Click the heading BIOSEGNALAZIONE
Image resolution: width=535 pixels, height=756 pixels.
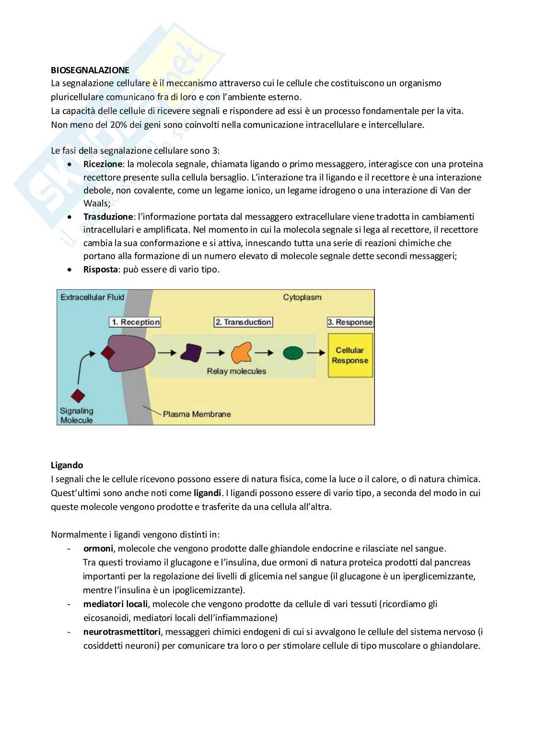coord(90,70)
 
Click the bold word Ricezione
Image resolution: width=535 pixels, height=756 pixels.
coord(103,164)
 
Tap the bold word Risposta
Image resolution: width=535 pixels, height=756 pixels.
coord(100,269)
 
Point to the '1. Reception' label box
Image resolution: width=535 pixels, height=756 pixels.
coord(135,322)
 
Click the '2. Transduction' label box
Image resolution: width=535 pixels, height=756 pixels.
coord(243,322)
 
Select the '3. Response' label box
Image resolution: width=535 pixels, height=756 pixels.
coord(350,322)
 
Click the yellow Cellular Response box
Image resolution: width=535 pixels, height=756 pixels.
coord(350,356)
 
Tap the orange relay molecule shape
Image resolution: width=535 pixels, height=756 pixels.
coord(241,353)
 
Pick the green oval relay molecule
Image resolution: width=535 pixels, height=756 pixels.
coord(292,353)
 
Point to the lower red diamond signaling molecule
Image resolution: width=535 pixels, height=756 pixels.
coord(78,396)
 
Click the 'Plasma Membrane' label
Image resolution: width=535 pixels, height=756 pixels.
coord(197,414)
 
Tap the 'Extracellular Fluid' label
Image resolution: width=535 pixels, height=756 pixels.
coord(92,297)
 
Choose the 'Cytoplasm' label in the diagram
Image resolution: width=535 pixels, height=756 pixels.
coord(302,297)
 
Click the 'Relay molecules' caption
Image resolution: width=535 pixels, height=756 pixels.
coord(236,371)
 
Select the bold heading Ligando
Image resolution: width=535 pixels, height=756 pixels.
coord(67,465)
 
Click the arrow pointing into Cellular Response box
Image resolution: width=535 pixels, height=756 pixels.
coord(316,353)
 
